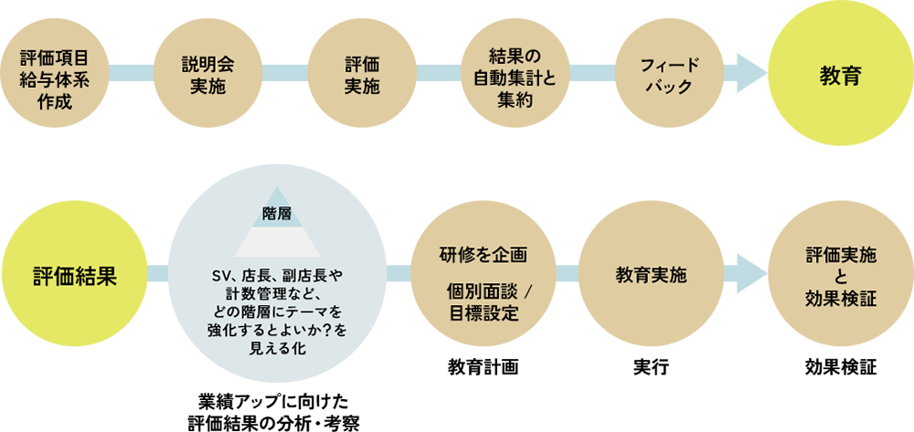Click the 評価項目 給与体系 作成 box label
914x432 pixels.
tap(54, 79)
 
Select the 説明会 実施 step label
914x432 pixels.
tap(207, 76)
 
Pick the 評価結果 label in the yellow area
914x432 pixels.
tap(74, 276)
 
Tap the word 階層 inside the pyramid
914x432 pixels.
tap(275, 213)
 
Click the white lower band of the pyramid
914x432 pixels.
tap(275, 241)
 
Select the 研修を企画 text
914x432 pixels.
tap(484, 253)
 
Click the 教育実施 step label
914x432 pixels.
tap(652, 275)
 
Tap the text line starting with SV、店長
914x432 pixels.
tap(276, 275)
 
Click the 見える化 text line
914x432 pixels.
tap(276, 348)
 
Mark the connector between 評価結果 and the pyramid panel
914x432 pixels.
tap(157, 272)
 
